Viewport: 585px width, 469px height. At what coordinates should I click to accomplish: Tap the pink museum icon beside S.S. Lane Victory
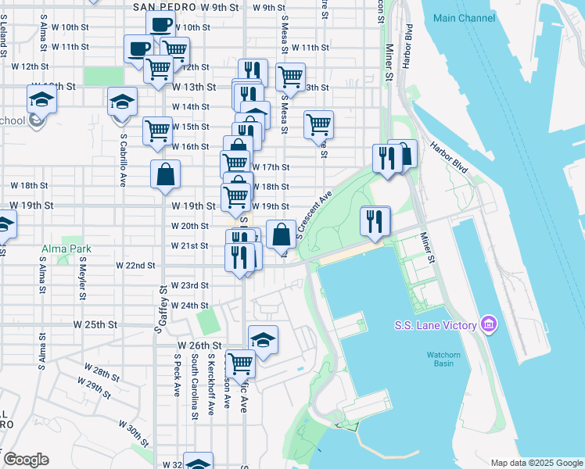pos(489,324)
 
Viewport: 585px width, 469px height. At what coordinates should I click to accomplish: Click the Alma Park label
pos(66,249)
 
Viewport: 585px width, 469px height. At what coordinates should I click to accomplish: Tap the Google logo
pos(26,460)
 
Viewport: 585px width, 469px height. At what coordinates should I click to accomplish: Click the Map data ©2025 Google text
pos(536,462)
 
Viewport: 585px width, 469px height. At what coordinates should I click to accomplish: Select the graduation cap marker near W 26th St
pos(264,340)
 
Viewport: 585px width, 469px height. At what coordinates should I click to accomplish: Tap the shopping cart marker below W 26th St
pos(240,363)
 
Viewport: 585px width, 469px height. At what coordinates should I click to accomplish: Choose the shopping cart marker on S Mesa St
pos(290,77)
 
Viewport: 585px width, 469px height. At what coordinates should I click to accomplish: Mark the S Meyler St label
pos(81,280)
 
